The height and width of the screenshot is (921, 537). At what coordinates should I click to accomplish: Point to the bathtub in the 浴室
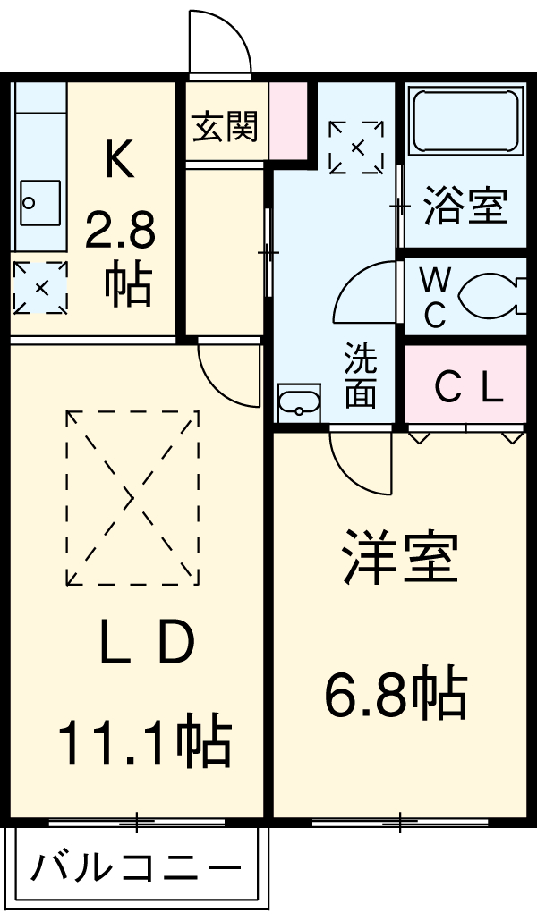point(465,122)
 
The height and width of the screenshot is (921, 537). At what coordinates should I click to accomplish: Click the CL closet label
point(467,387)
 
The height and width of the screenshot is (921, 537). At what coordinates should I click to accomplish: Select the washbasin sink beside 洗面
point(299,401)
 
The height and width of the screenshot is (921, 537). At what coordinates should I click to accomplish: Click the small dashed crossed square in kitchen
point(40,288)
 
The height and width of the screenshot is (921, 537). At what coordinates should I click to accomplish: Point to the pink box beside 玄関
point(288,120)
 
